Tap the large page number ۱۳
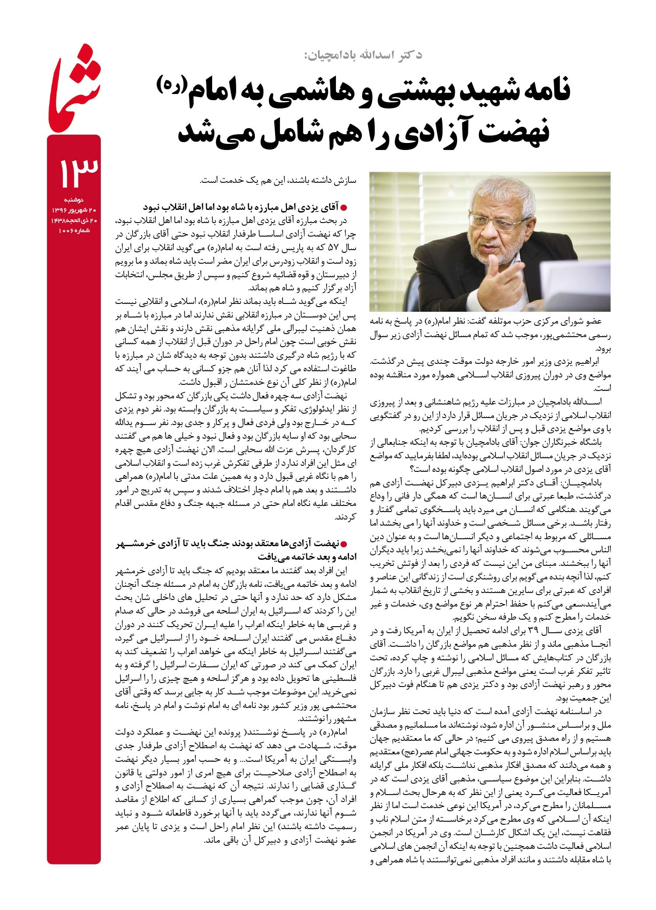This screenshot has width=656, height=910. [x=74, y=172]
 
